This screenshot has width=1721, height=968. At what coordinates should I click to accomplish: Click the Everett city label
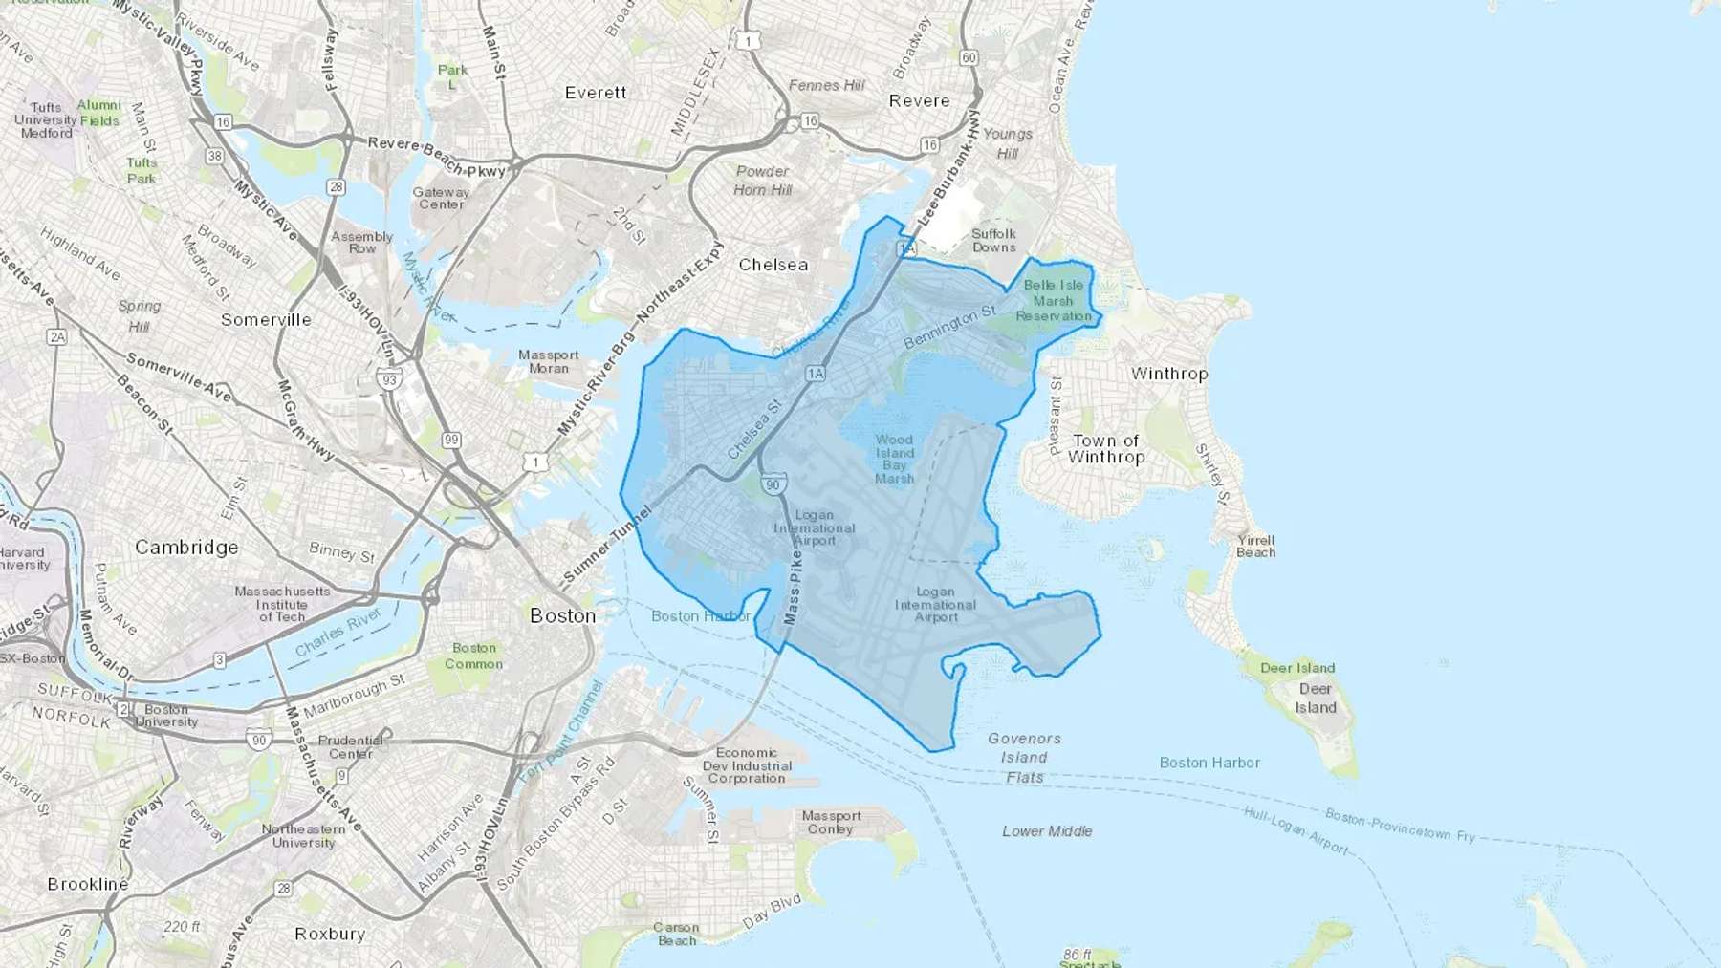pos(596,93)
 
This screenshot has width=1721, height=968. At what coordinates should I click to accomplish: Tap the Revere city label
pos(919,100)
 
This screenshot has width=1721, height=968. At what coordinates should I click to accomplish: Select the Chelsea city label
pos(773,265)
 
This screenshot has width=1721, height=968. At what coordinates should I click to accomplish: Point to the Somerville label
pos(266,319)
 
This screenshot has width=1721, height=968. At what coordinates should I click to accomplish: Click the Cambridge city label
pos(186,547)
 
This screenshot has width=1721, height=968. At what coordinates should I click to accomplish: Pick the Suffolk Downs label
pos(993,240)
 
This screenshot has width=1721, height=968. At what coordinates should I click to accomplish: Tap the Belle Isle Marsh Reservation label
pos(1053,300)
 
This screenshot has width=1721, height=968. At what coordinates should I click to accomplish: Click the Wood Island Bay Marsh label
pos(894,459)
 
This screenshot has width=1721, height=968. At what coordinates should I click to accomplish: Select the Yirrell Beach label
pos(1255,546)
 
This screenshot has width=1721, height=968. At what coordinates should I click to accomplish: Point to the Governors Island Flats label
pos(1024,758)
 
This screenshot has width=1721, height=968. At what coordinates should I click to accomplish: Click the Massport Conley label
pos(831,822)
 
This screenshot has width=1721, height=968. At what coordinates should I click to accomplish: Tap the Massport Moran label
pos(549,361)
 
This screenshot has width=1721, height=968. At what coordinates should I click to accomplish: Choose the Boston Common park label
pos(473,656)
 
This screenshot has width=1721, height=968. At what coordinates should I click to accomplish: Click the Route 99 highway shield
pos(451,441)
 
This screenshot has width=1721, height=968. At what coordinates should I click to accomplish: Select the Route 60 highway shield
pos(969,57)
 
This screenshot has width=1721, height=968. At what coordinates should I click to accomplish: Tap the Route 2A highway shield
pos(57,336)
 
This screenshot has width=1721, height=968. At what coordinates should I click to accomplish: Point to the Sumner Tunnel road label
pos(606,546)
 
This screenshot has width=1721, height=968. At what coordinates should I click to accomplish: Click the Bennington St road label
pos(949,327)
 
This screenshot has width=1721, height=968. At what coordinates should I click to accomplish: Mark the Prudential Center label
pos(350,746)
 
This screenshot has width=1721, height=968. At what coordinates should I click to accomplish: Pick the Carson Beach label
pos(676,934)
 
